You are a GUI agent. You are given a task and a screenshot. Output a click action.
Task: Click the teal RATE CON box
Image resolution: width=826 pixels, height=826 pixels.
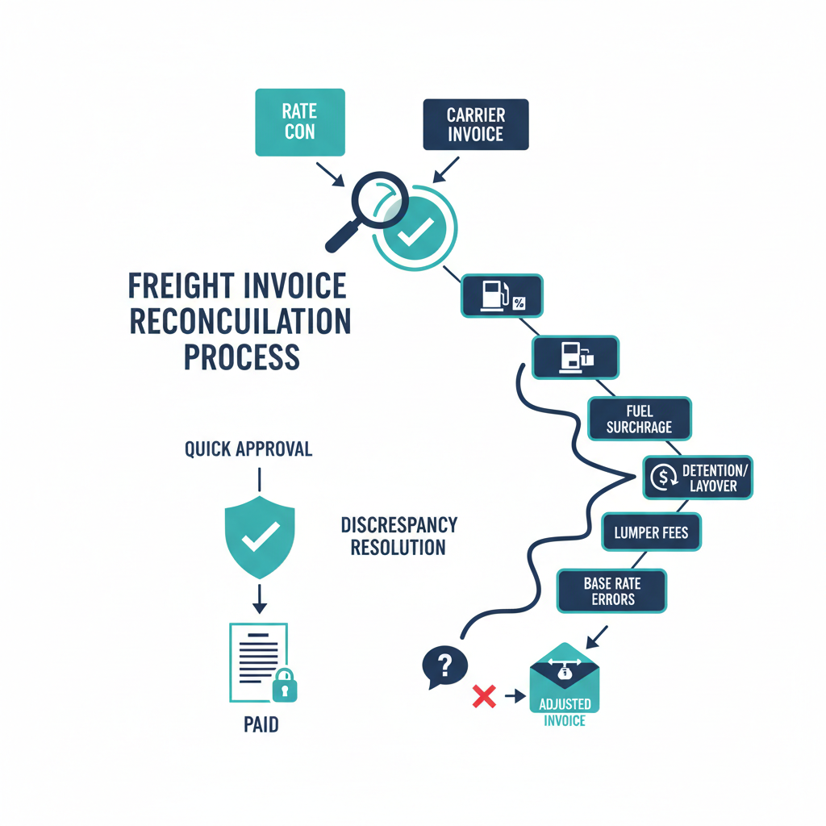299,122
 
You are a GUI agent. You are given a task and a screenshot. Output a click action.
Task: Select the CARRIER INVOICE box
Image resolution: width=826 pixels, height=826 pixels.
475,125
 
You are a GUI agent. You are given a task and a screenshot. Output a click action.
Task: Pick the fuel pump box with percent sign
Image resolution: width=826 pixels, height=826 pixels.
502,295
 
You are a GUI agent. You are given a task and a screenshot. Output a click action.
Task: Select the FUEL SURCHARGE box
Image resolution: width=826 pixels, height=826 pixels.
639,419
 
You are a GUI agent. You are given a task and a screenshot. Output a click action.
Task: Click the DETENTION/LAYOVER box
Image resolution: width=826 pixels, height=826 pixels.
699,478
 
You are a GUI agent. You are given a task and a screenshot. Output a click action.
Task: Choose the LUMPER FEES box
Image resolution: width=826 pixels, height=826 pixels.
652,533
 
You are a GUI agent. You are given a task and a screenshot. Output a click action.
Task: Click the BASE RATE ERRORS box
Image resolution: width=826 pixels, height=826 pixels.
611,591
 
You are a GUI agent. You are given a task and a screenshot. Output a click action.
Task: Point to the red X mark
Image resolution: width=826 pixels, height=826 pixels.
482,695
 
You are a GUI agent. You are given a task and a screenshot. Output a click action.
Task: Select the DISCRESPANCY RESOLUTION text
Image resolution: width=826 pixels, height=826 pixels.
398,536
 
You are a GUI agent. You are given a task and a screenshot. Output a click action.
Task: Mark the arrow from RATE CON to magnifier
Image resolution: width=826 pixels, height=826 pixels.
328,173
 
